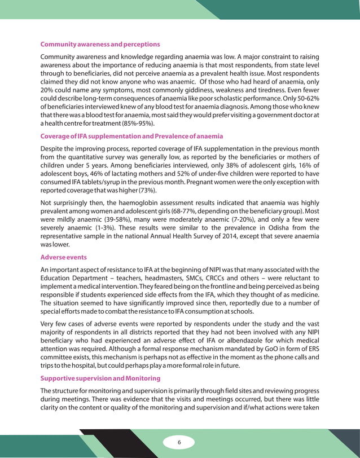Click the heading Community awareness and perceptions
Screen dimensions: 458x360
(100, 44)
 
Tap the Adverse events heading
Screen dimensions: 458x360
(63, 257)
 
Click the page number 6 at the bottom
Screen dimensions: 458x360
(179, 442)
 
